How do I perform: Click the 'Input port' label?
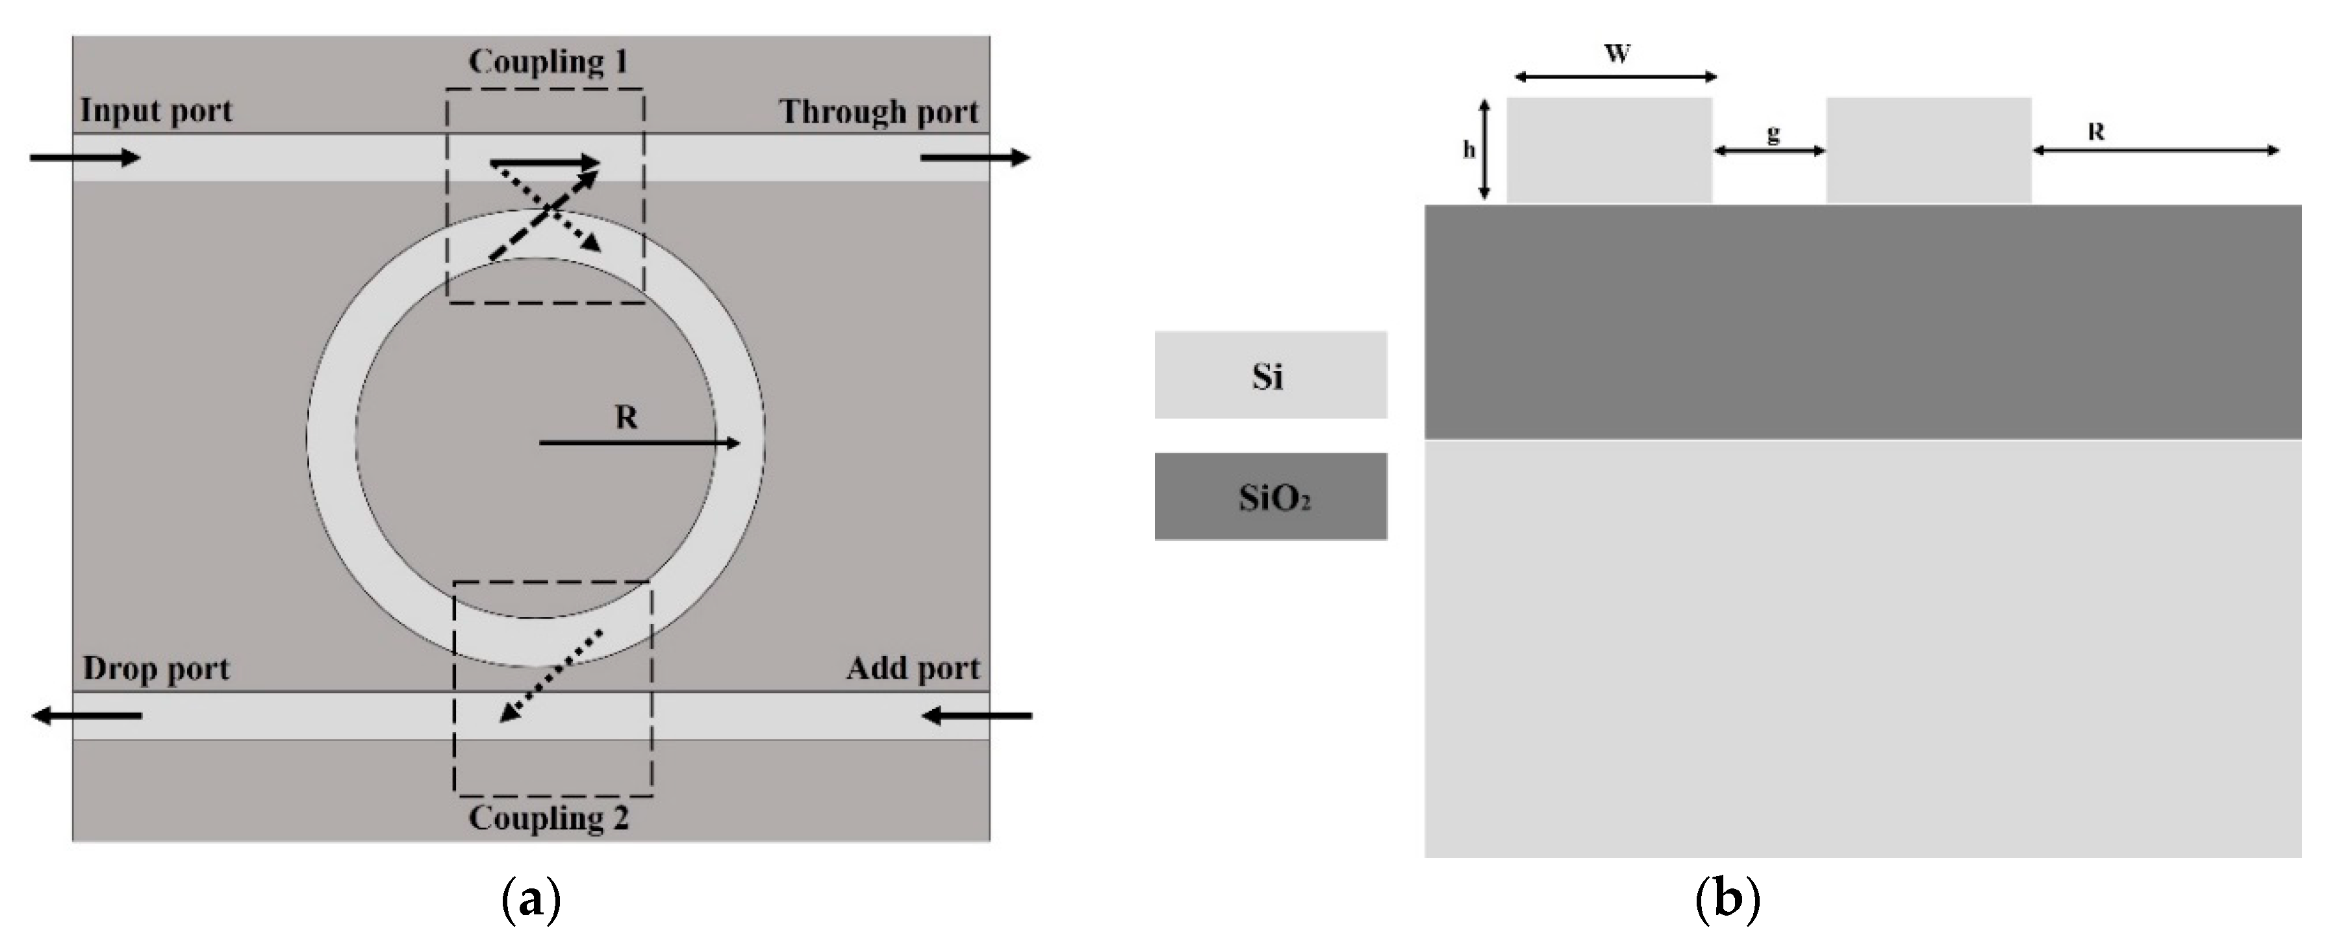(157, 111)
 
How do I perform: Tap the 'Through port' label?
(879, 112)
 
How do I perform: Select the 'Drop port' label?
(157, 669)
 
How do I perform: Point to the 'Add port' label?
(913, 669)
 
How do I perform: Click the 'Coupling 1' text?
(548, 62)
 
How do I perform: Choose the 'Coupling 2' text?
(548, 818)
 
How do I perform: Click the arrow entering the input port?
(85, 158)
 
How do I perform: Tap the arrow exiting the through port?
(975, 158)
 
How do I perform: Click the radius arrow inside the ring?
(639, 443)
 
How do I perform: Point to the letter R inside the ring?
(626, 418)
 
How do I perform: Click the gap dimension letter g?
(1773, 134)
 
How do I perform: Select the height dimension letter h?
(1469, 150)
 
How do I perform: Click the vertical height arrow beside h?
(1484, 150)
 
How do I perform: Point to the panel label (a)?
(530, 899)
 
